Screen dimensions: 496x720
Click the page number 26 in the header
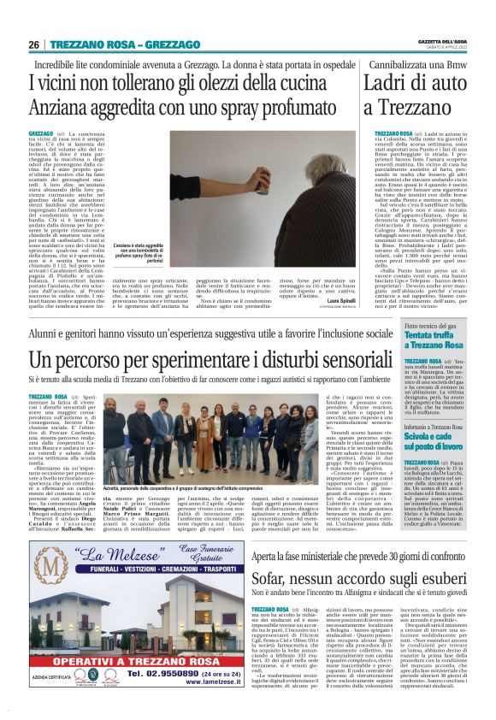pyautogui.click(x=35, y=44)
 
